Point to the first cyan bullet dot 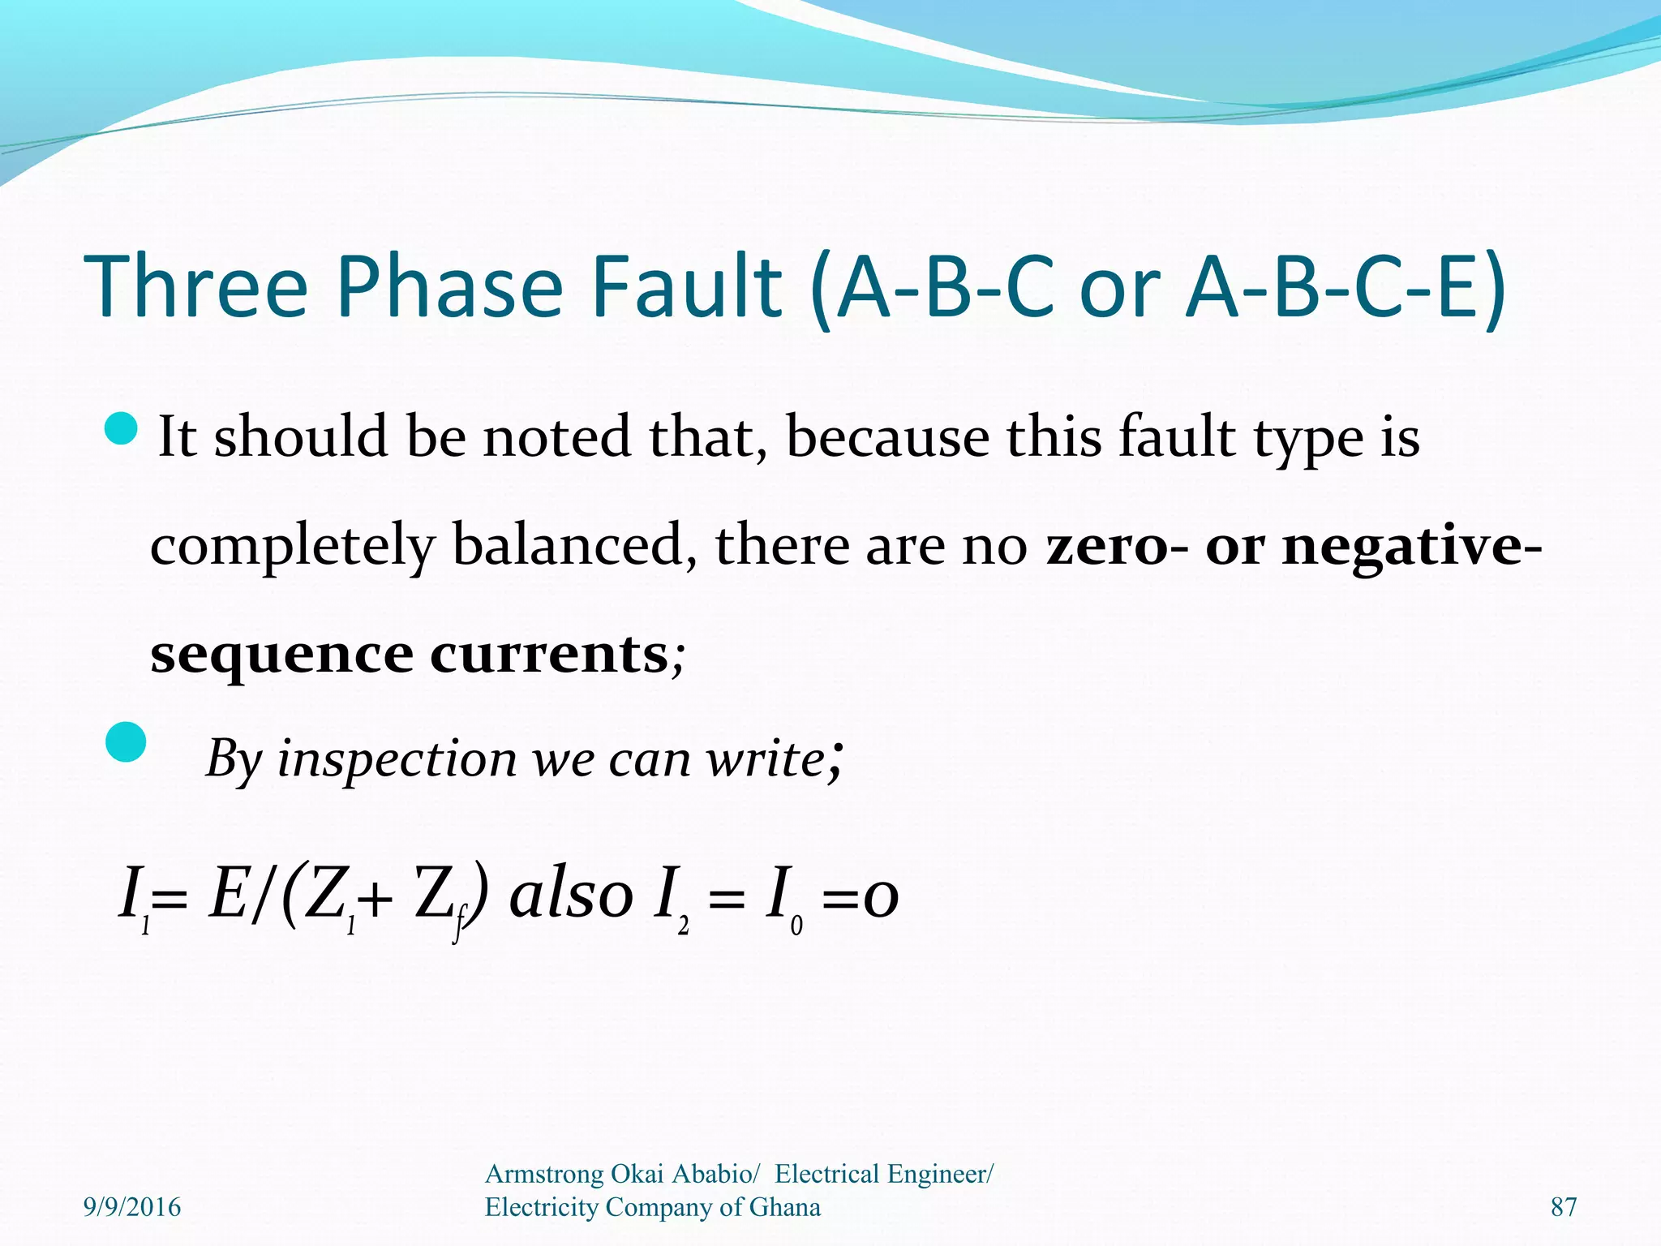tap(122, 428)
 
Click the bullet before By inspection tap(126, 742)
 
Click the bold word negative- tap(1411, 545)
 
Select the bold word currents tap(549, 654)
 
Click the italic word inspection tap(397, 759)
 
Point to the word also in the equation tap(571, 895)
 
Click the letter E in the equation tap(227, 895)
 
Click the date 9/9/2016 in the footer tap(132, 1207)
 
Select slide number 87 tap(1564, 1207)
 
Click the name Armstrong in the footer tap(543, 1174)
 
